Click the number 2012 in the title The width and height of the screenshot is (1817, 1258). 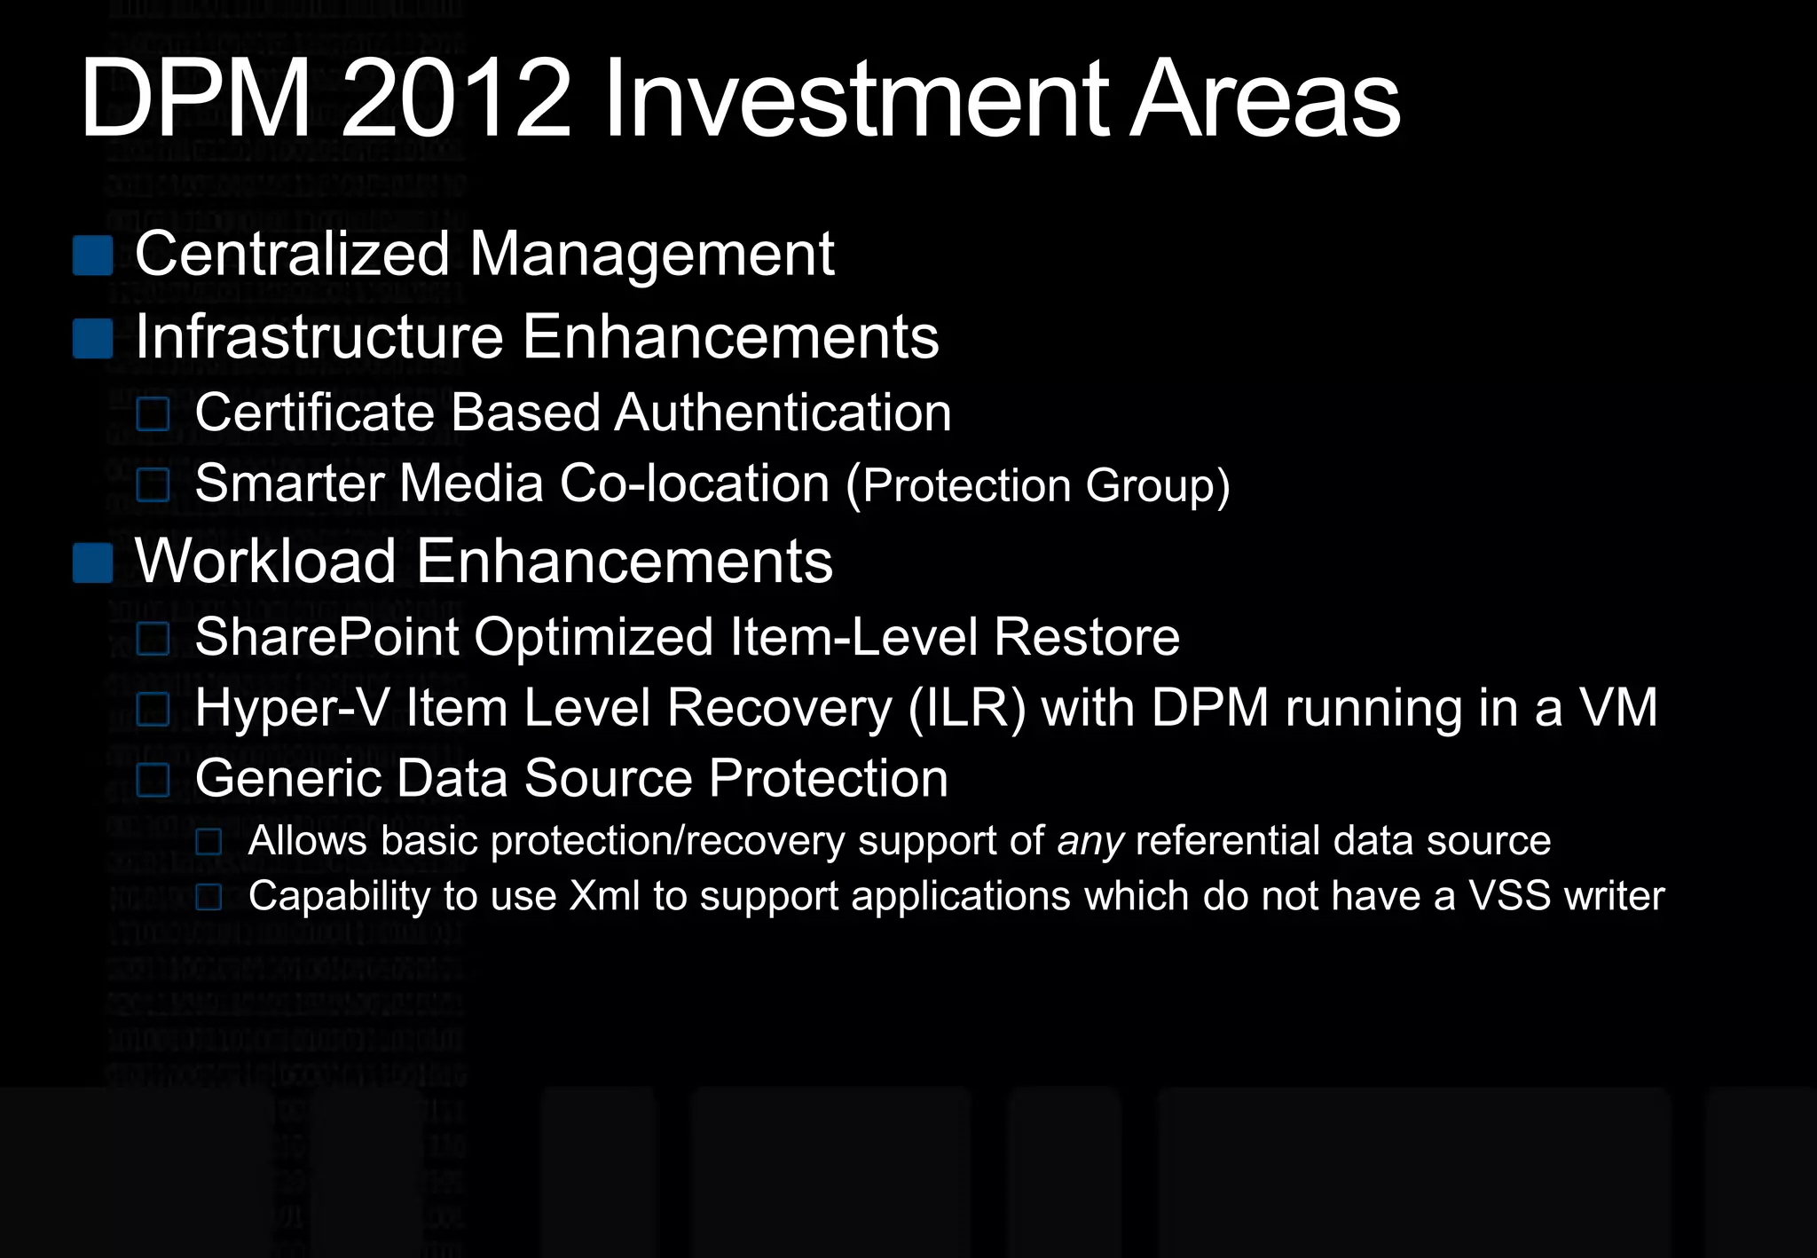click(455, 99)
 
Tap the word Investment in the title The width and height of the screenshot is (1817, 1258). click(855, 99)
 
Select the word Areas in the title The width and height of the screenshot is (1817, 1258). click(1264, 99)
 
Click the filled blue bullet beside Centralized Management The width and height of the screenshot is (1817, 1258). click(92, 256)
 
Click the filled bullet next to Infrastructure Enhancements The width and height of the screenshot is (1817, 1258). click(92, 338)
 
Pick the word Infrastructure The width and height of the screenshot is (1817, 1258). click(319, 337)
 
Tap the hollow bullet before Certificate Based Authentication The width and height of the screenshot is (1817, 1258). click(153, 413)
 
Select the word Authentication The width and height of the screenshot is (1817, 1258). click(783, 413)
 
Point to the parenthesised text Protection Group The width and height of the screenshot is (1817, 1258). click(1045, 485)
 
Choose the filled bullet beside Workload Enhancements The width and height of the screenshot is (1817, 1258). click(92, 562)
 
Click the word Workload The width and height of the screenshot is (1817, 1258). click(265, 562)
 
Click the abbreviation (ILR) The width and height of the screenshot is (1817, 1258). click(967, 708)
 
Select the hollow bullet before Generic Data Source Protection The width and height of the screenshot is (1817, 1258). click(153, 780)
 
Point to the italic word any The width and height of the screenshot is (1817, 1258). click(1090, 841)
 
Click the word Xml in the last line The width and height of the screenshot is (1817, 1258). click(604, 896)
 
